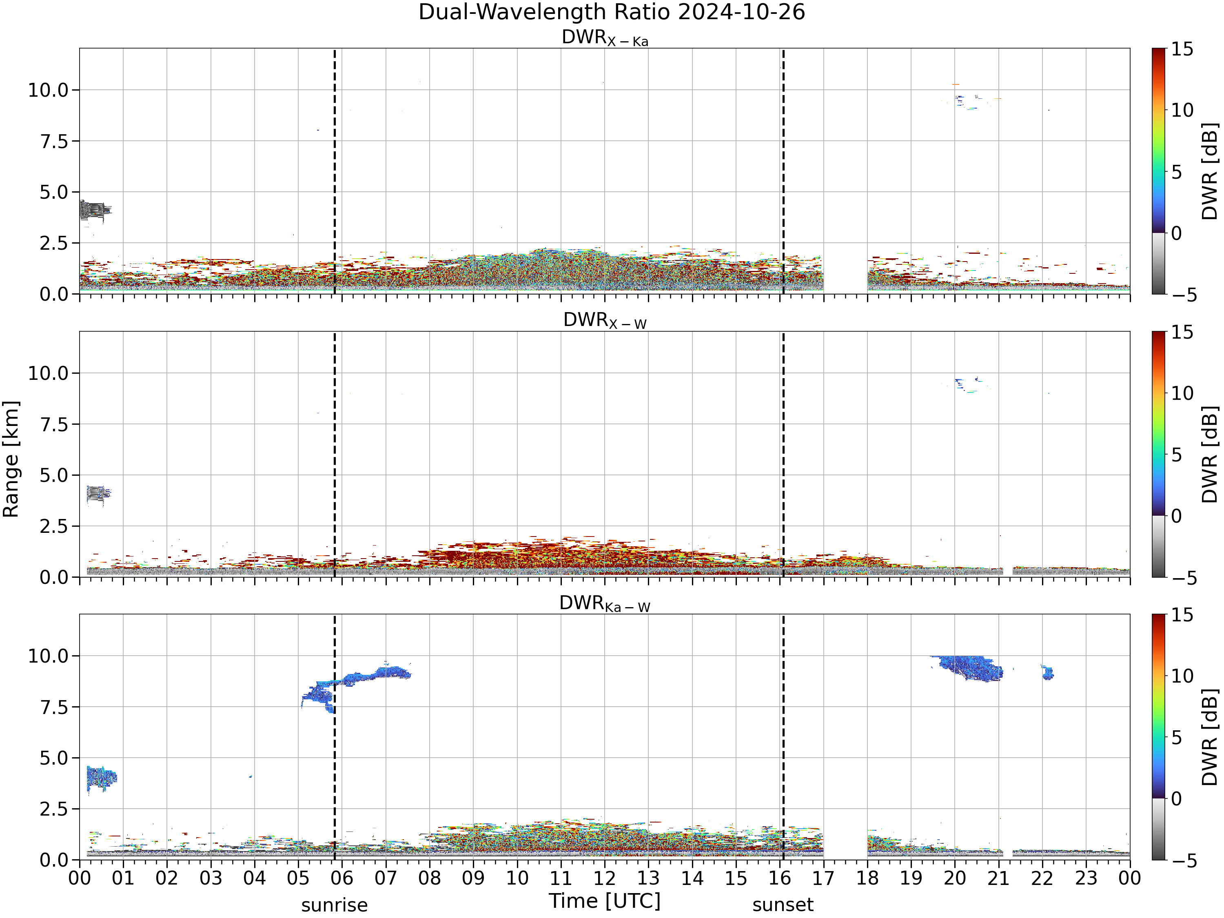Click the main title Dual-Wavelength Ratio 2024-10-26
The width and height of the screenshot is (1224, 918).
point(612,12)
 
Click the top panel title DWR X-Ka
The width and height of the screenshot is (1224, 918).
point(605,38)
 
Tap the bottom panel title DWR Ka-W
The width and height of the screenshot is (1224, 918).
point(605,604)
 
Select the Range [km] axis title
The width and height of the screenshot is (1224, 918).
point(11,459)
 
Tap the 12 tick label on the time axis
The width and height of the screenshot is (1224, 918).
point(604,878)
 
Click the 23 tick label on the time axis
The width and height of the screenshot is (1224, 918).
point(1086,878)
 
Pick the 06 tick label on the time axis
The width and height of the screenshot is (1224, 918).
point(342,878)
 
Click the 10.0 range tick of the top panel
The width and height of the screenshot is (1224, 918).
point(48,90)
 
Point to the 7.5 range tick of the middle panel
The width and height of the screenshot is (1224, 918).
point(54,424)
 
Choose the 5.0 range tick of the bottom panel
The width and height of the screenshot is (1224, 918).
point(54,758)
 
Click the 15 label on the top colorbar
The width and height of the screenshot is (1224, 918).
point(1182,50)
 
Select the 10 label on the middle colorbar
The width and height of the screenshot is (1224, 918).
point(1182,393)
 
